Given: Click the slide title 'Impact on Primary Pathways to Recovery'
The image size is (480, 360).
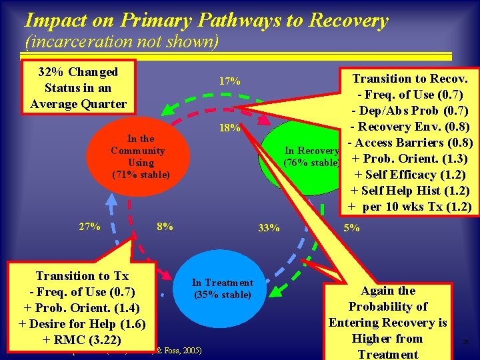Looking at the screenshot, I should [205, 20].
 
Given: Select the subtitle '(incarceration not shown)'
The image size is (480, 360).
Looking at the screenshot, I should [121, 42].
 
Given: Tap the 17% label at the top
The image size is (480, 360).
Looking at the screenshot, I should [230, 82].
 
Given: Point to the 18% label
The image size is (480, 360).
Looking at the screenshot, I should [230, 128].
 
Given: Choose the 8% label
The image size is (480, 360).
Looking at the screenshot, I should [165, 227].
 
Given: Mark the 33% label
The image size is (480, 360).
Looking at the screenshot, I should [269, 229].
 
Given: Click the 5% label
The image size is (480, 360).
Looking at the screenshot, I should [351, 228].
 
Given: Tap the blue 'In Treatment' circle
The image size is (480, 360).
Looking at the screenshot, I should [223, 289].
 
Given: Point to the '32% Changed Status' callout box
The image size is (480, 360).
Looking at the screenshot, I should [78, 87].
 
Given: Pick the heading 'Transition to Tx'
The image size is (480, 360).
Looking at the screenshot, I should [81, 276].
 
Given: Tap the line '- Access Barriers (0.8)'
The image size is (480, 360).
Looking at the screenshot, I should [409, 143].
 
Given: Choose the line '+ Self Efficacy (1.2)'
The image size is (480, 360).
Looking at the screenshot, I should [409, 175].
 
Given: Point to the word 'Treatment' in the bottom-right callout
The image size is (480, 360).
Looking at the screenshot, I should [387, 354].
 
